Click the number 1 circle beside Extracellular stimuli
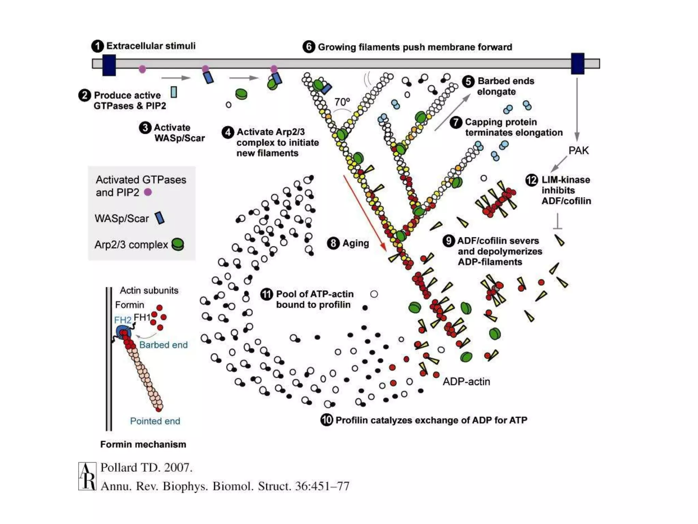pyautogui.click(x=97, y=46)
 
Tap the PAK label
pyautogui.click(x=578, y=150)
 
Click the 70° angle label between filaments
pyautogui.click(x=342, y=102)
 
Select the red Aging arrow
pyautogui.click(x=364, y=213)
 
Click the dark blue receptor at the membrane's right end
pyautogui.click(x=577, y=63)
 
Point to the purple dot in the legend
pyautogui.click(x=148, y=192)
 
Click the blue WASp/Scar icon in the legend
pyautogui.click(x=160, y=218)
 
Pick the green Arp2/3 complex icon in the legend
pyautogui.click(x=178, y=244)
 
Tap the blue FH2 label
pyautogui.click(x=122, y=320)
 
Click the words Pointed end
pyautogui.click(x=155, y=421)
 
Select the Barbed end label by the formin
pyautogui.click(x=163, y=345)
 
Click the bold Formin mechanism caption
pyautogui.click(x=143, y=444)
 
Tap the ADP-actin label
pyautogui.click(x=466, y=381)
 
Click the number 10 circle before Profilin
pyautogui.click(x=327, y=420)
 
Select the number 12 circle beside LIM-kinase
pyautogui.click(x=531, y=180)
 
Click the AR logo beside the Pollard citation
pyautogui.click(x=87, y=476)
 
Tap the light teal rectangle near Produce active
pyautogui.click(x=174, y=92)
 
